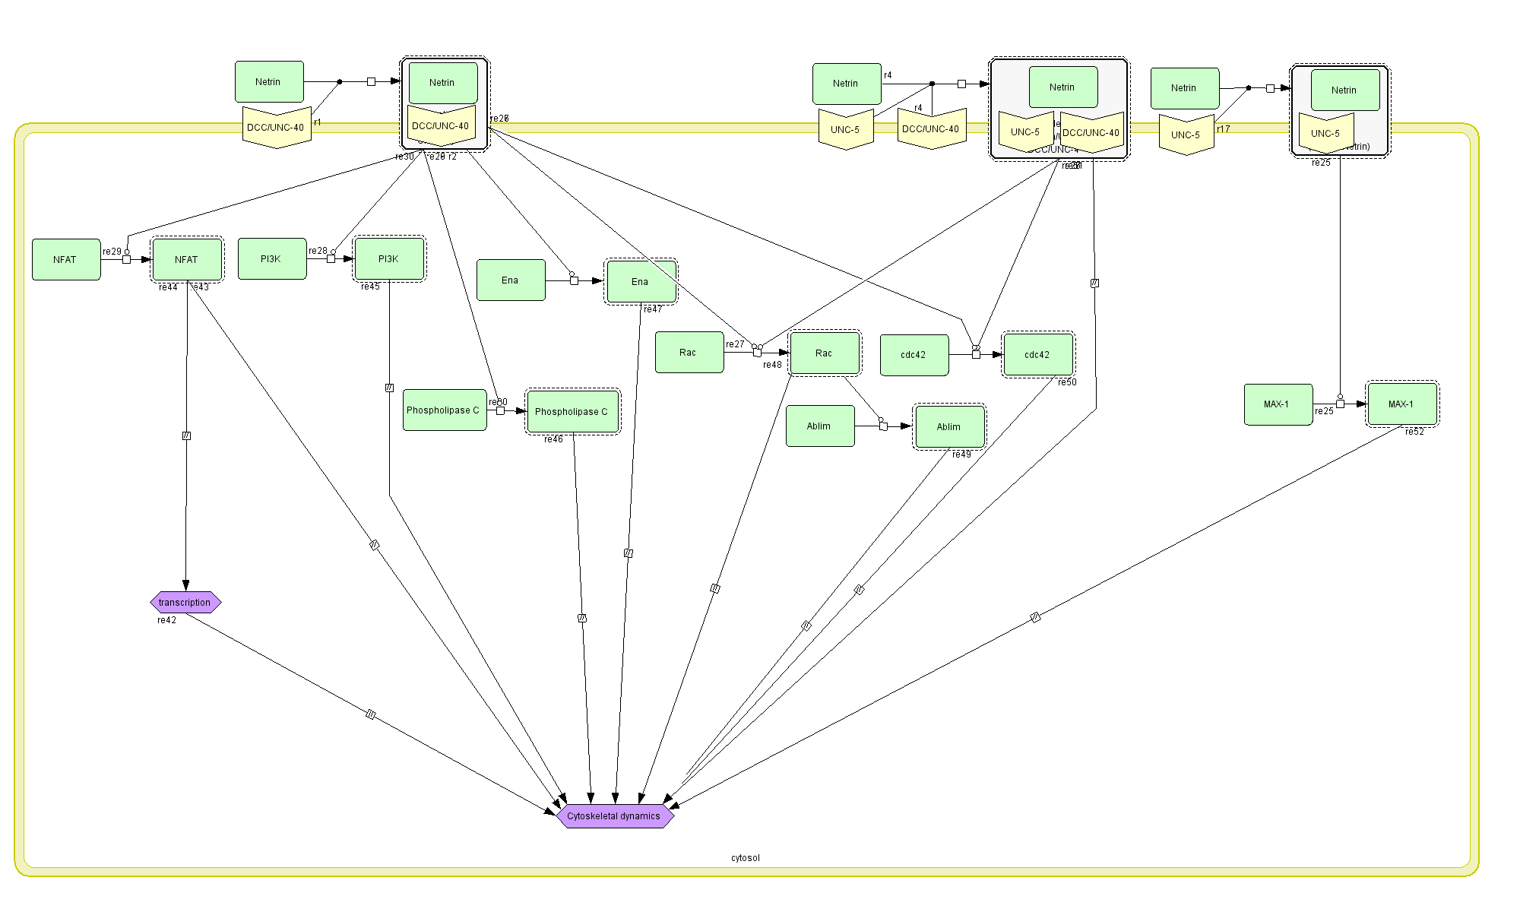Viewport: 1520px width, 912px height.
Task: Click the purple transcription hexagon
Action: (185, 603)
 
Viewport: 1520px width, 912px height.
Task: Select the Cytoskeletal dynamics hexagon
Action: (614, 816)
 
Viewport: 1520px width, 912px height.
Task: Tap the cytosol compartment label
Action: (745, 858)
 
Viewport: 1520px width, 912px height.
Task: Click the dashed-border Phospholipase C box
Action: (572, 411)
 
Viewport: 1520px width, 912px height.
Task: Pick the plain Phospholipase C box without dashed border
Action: (444, 410)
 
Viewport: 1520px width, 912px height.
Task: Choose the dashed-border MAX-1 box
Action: (1401, 404)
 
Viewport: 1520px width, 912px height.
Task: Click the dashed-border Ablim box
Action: (949, 426)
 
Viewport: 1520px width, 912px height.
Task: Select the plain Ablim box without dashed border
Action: (819, 426)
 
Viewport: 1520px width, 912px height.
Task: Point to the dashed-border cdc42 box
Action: (1037, 354)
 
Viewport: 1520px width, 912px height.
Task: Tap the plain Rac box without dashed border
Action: (689, 352)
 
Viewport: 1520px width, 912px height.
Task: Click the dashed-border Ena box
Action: (640, 281)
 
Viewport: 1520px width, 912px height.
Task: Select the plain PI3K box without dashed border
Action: (271, 259)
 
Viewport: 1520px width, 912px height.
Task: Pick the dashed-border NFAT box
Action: (187, 259)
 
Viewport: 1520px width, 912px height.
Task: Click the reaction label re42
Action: (166, 620)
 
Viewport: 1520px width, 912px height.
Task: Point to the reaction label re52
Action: (1414, 432)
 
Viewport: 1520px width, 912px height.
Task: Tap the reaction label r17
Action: (1223, 129)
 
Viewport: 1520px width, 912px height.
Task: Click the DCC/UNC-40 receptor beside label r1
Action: (276, 128)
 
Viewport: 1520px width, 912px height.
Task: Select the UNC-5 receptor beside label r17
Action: (1186, 135)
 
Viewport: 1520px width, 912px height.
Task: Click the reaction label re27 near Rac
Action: (735, 344)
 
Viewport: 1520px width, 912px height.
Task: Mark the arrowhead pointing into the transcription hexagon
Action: (185, 586)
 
